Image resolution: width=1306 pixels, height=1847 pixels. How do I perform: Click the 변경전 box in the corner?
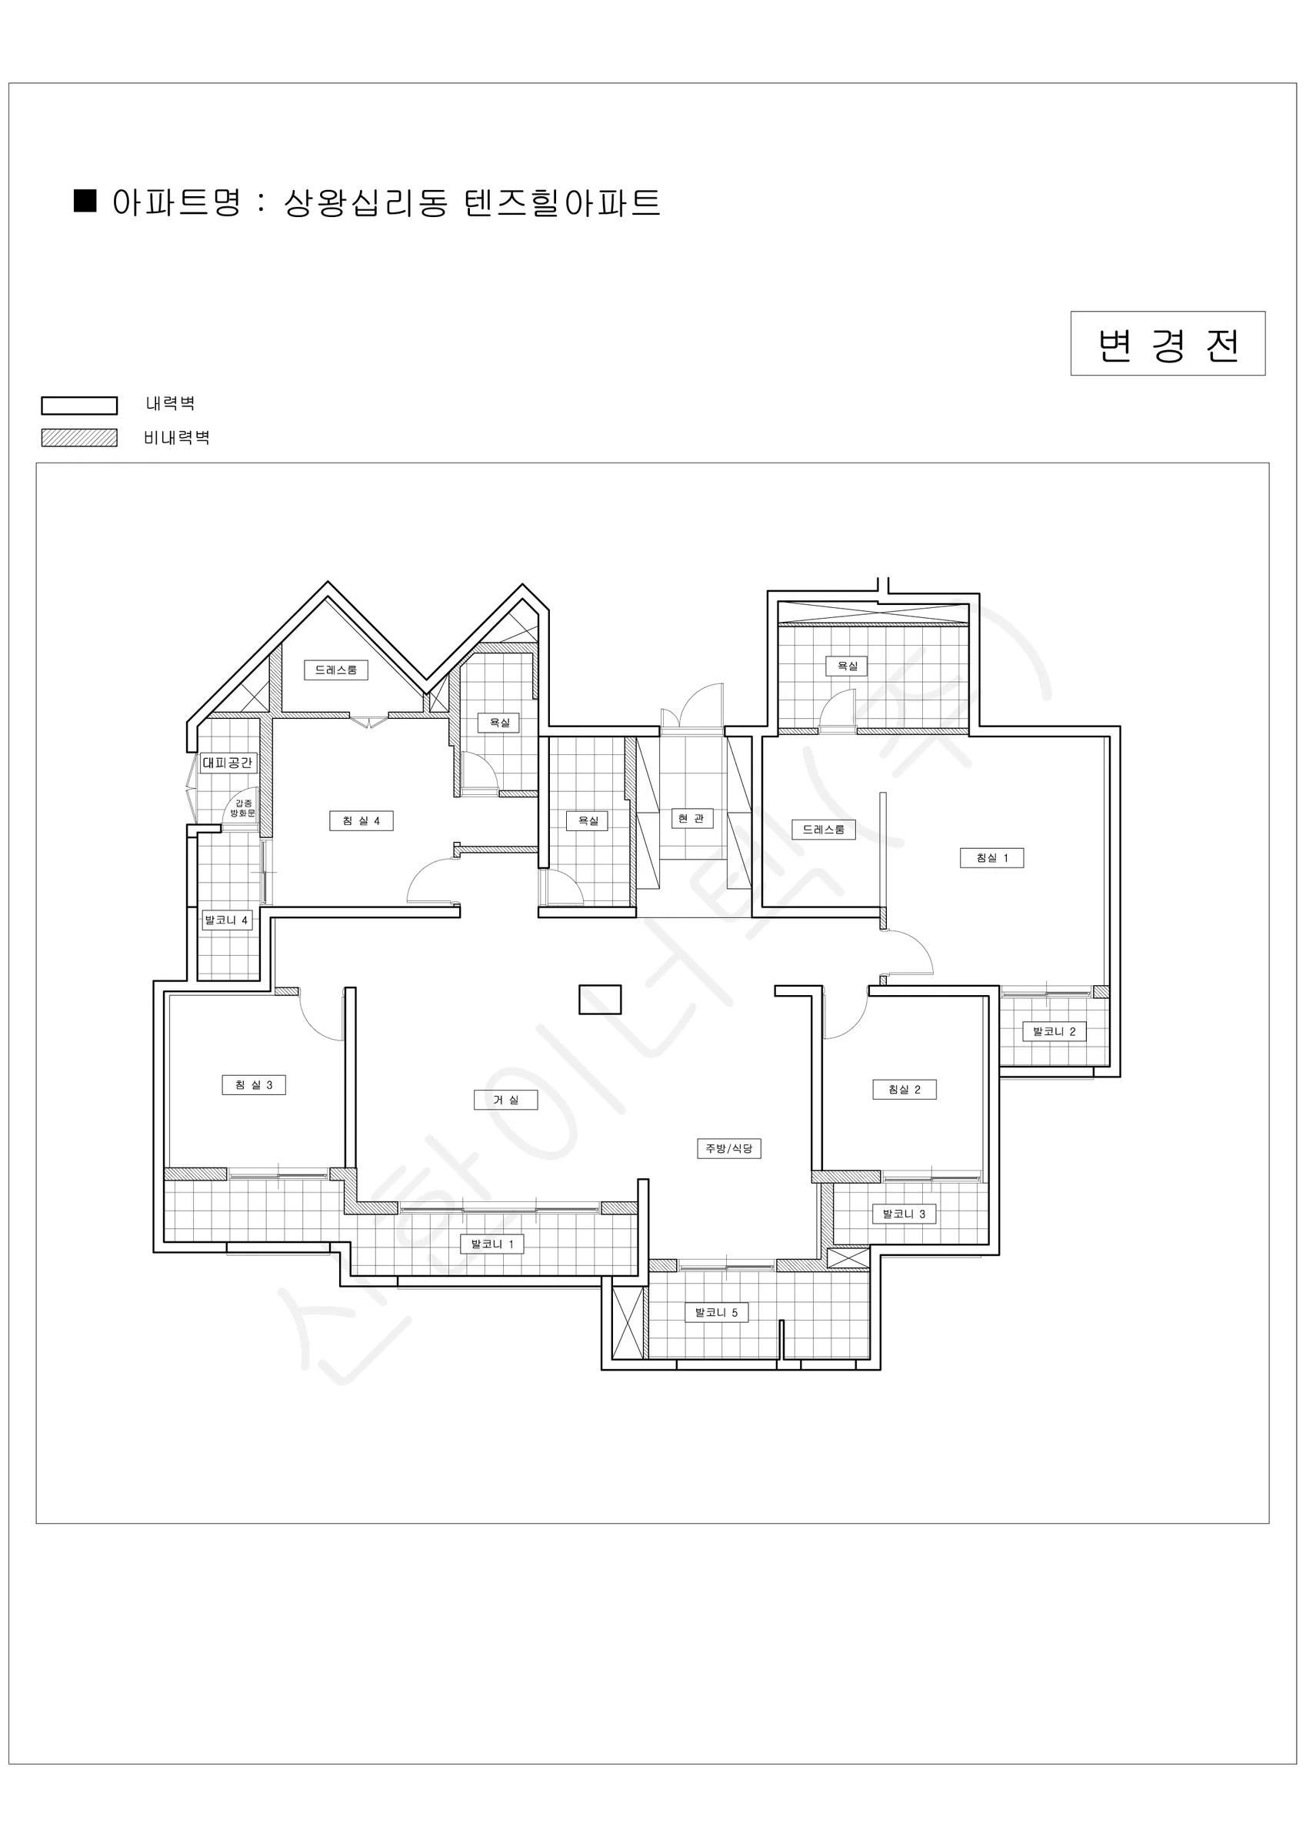(1168, 343)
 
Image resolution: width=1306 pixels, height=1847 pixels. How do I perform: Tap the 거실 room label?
(505, 1100)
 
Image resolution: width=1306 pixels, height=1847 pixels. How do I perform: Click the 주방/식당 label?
(728, 1148)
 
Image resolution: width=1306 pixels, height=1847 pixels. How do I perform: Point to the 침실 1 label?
(991, 857)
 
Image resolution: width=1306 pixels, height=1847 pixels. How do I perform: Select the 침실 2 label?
(905, 1089)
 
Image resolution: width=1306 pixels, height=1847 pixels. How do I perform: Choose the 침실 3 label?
(254, 1084)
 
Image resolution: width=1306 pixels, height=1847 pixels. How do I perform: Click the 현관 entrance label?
(691, 818)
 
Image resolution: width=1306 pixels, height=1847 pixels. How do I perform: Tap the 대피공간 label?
(228, 763)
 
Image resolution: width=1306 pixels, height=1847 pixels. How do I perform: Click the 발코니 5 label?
(717, 1312)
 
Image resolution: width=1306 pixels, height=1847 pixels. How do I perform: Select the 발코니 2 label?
(1054, 1030)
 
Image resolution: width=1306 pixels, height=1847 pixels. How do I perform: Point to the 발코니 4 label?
(227, 920)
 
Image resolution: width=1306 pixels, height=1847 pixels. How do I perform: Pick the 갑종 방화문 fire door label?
(242, 807)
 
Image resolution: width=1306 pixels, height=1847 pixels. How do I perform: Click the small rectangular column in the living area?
(600, 999)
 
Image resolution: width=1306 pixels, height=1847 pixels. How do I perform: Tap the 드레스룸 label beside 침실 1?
(824, 830)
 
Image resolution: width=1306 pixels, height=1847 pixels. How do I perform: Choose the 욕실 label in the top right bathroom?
(848, 665)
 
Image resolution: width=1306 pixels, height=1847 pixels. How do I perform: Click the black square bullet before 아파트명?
(85, 200)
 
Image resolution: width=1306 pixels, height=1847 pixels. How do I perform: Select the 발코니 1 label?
(492, 1244)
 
